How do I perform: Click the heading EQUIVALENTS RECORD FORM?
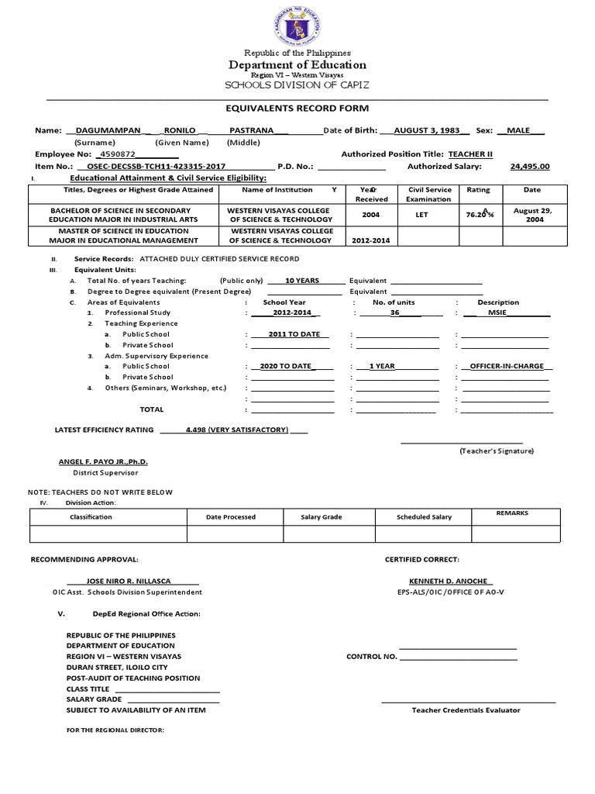pyautogui.click(x=297, y=108)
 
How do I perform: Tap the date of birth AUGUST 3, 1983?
pyautogui.click(x=425, y=130)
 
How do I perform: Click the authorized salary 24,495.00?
pyautogui.click(x=530, y=166)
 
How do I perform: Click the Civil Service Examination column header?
pyautogui.click(x=429, y=194)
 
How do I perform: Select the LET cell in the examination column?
pyautogui.click(x=421, y=215)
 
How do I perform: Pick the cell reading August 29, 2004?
pyautogui.click(x=532, y=215)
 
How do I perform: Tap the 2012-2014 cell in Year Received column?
pyautogui.click(x=370, y=240)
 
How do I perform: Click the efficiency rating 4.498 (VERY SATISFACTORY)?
pyautogui.click(x=236, y=429)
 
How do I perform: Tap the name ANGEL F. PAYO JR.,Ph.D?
pyautogui.click(x=103, y=461)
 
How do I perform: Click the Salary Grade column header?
pyautogui.click(x=327, y=516)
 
